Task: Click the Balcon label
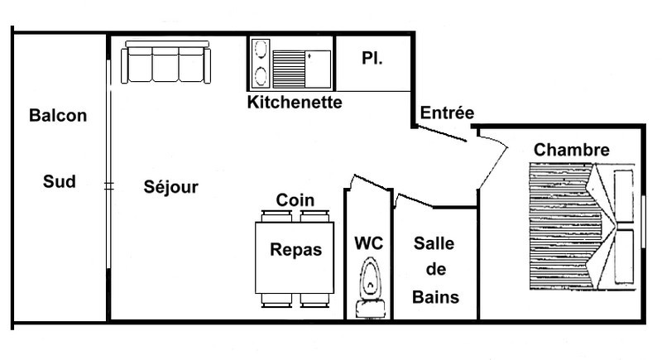tap(58, 116)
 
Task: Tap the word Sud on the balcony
tap(59, 181)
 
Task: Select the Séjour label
tap(171, 187)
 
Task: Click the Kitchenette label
tap(295, 103)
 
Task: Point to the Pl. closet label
tap(371, 58)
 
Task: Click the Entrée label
tap(447, 113)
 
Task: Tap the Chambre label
tap(572, 150)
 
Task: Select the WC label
tap(368, 243)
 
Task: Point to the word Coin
tap(295, 200)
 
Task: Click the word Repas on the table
tap(295, 250)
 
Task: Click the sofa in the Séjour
tap(166, 63)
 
